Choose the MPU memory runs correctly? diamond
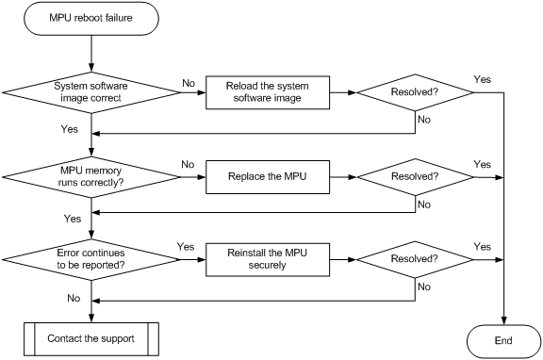pos(90,174)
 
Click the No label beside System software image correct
pos(189,83)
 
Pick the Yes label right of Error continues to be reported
pos(187,247)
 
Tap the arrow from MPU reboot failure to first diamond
pos(90,52)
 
